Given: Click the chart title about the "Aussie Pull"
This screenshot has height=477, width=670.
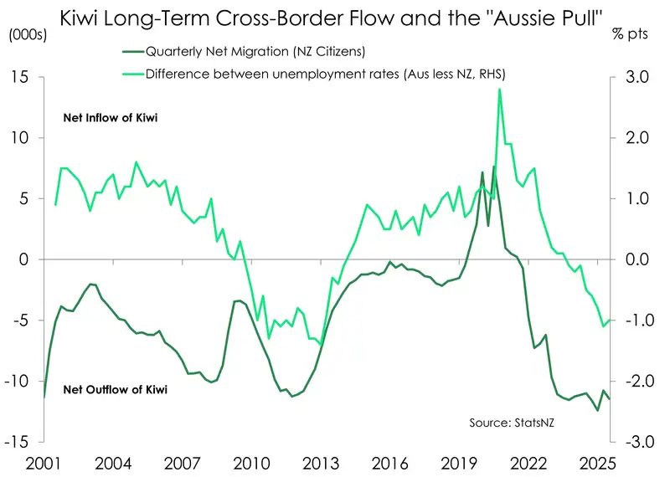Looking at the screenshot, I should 332,17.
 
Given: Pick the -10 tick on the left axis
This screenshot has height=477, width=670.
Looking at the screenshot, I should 18,381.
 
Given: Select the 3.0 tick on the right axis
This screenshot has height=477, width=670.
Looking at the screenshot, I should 635,77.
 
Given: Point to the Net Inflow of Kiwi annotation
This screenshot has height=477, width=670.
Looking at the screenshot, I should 111,119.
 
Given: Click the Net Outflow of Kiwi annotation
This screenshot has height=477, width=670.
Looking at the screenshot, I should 116,390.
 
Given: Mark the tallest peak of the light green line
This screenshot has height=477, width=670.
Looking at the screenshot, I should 499,90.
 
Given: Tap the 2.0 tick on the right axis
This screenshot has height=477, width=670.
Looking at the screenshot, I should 635,138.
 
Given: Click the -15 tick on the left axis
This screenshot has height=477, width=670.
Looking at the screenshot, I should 18,442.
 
